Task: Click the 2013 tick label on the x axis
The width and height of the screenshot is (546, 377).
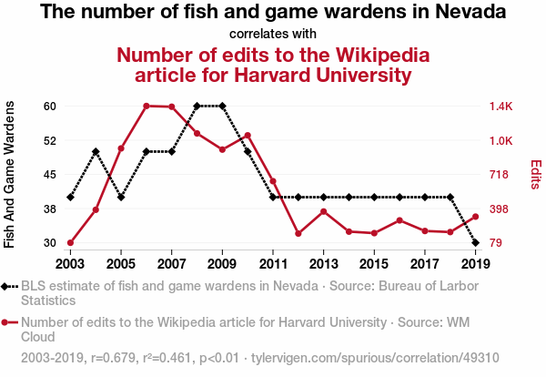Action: coord(323,263)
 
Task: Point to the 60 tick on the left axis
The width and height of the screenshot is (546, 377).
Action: coord(50,106)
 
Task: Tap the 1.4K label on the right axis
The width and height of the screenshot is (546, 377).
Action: coord(501,106)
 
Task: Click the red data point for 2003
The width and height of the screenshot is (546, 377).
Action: coord(70,243)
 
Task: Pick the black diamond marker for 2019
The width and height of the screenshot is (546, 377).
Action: coord(476,243)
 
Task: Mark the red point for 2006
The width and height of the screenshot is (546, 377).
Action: coord(147,106)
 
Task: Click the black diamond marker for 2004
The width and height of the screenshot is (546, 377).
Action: coord(96,151)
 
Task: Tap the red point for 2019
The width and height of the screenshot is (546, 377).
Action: coord(476,217)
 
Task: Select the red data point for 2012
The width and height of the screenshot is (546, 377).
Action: coord(298,233)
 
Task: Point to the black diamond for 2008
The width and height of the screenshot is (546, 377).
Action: coord(197,106)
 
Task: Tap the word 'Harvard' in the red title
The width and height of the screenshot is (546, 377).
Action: coord(250,74)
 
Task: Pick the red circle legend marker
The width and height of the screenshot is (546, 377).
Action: coord(9,321)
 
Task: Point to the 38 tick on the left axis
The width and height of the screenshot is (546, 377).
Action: coord(50,209)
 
